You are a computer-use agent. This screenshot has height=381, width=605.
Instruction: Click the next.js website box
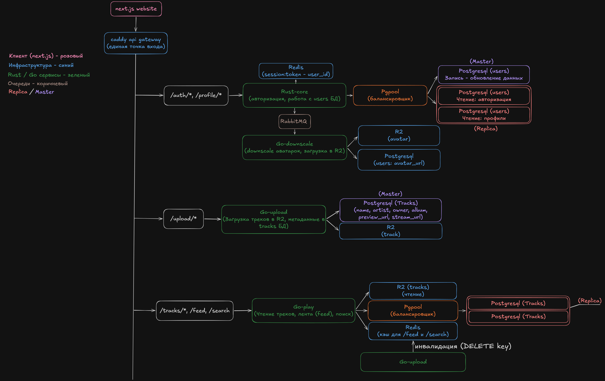136,9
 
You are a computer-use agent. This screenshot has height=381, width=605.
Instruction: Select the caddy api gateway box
136,43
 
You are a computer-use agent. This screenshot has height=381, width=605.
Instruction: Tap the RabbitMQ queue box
294,121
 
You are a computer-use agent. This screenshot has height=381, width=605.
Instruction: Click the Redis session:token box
296,71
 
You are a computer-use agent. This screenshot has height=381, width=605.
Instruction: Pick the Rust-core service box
294,95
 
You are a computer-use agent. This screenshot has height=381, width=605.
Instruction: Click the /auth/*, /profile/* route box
196,95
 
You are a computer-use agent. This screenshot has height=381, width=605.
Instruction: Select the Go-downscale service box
294,147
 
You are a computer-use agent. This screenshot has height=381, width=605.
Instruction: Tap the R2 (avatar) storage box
399,136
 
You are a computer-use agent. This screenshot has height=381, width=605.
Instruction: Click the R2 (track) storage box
391,231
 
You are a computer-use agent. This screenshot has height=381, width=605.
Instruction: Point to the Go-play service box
304,311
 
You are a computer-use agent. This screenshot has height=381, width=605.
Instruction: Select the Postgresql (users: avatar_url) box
399,160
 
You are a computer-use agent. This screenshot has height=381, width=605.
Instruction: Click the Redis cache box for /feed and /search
413,331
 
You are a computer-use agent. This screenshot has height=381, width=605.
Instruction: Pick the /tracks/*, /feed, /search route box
195,311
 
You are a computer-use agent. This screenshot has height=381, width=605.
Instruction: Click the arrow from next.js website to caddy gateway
136,24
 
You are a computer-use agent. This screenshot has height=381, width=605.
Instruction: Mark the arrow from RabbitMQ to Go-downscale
295,132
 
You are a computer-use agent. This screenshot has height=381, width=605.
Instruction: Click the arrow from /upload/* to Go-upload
213,219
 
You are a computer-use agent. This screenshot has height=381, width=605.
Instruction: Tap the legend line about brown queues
38,83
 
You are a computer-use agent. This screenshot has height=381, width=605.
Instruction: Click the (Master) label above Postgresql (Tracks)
390,194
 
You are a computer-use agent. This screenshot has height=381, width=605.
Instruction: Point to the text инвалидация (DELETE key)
463,346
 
